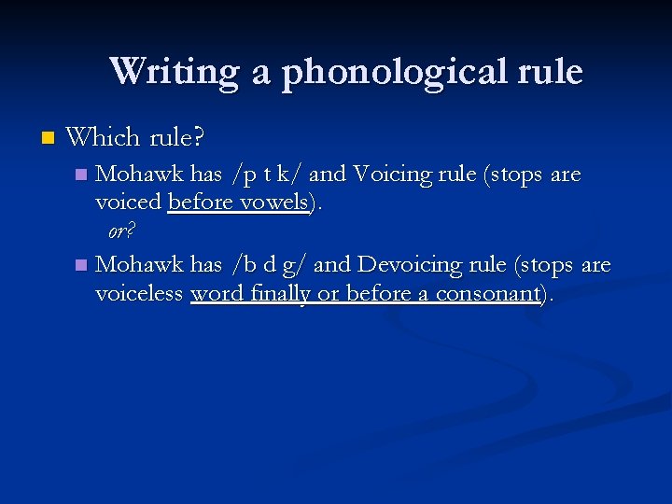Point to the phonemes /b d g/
tap(270, 265)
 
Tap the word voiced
tap(129, 203)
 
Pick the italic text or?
tap(121, 231)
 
